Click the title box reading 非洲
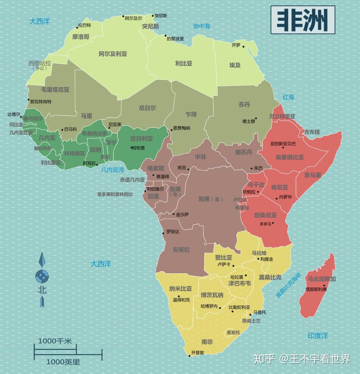(303, 20)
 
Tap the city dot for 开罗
(243, 46)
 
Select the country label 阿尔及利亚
(113, 54)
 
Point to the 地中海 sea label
(201, 26)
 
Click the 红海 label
(288, 97)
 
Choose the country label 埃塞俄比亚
(289, 157)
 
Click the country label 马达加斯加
(321, 279)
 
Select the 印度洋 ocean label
(318, 336)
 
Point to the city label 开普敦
(197, 352)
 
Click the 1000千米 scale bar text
(55, 341)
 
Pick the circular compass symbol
(42, 276)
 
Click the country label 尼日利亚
(141, 139)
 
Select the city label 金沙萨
(182, 214)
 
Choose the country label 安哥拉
(181, 250)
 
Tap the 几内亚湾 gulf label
(112, 170)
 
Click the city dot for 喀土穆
(256, 119)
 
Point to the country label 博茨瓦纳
(212, 295)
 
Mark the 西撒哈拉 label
(40, 64)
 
